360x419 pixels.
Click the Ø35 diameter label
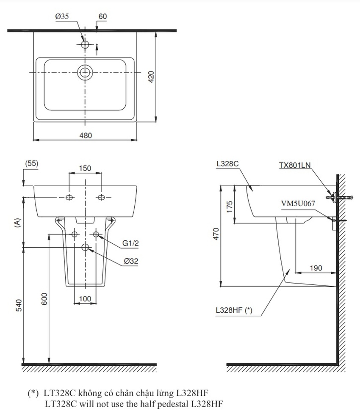(x=61, y=17)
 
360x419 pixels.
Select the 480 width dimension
(x=85, y=135)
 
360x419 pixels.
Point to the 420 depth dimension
(x=151, y=77)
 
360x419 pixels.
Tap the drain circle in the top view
(x=85, y=72)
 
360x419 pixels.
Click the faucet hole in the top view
(x=85, y=44)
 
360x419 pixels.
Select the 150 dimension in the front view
(x=85, y=168)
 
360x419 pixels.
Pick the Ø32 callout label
(x=131, y=262)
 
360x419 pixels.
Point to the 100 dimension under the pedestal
(x=85, y=299)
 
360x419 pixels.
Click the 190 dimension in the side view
(x=316, y=268)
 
